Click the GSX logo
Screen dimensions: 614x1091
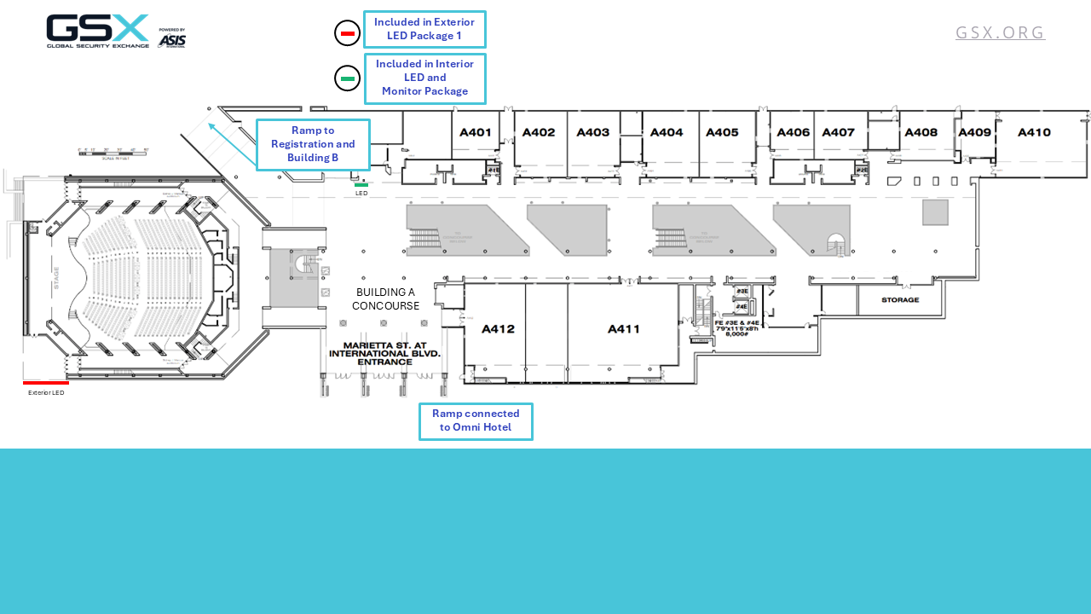116,32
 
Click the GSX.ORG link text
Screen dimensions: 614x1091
1000,32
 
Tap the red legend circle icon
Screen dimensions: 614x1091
347,33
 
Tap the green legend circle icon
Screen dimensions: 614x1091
347,78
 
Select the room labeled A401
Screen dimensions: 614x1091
475,132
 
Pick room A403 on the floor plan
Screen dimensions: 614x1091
592,132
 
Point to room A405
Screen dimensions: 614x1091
722,132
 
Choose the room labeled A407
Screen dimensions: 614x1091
838,132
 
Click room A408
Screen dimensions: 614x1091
921,132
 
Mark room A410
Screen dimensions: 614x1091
1034,132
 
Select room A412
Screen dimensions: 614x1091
498,329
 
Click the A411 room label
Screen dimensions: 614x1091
623,329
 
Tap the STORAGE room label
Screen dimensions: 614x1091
900,300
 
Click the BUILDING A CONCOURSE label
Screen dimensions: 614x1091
385,298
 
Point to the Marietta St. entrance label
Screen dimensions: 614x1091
384,353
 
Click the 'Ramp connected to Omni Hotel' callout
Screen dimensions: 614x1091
476,421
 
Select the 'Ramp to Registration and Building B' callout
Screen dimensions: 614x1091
313,144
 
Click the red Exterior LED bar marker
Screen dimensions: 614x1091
46,383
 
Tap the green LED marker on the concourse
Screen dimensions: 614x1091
361,184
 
